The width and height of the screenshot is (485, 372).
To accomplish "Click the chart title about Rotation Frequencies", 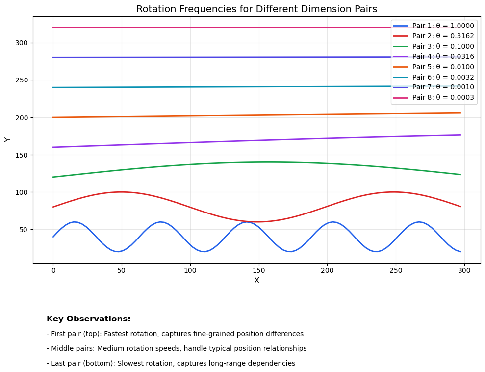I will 256,9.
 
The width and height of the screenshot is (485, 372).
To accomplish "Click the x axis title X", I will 256,281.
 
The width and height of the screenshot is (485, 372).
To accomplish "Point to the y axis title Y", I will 8,140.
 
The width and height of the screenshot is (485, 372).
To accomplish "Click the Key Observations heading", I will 89,319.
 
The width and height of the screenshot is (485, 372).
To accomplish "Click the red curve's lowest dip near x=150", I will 258,222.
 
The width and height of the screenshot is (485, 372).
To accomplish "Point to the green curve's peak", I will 268,162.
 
